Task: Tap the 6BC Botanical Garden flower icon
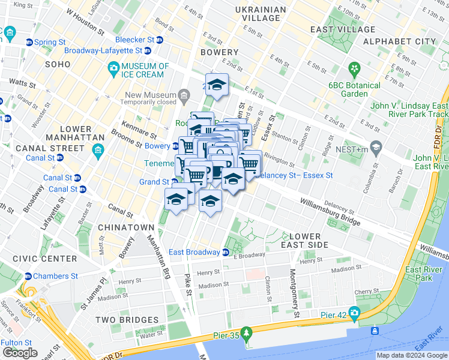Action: (x=355, y=68)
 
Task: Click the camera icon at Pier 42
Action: (x=354, y=313)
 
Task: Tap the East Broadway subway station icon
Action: (x=226, y=252)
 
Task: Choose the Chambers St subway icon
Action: (x=27, y=276)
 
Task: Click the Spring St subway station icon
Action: (x=28, y=42)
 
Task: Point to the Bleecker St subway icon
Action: (x=160, y=40)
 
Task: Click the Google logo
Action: (x=20, y=352)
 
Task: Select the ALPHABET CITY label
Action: (x=399, y=41)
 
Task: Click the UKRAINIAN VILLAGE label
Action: (x=261, y=14)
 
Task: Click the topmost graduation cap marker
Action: (x=217, y=84)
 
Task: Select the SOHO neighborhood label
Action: (x=57, y=64)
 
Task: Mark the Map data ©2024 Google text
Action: (x=412, y=355)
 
